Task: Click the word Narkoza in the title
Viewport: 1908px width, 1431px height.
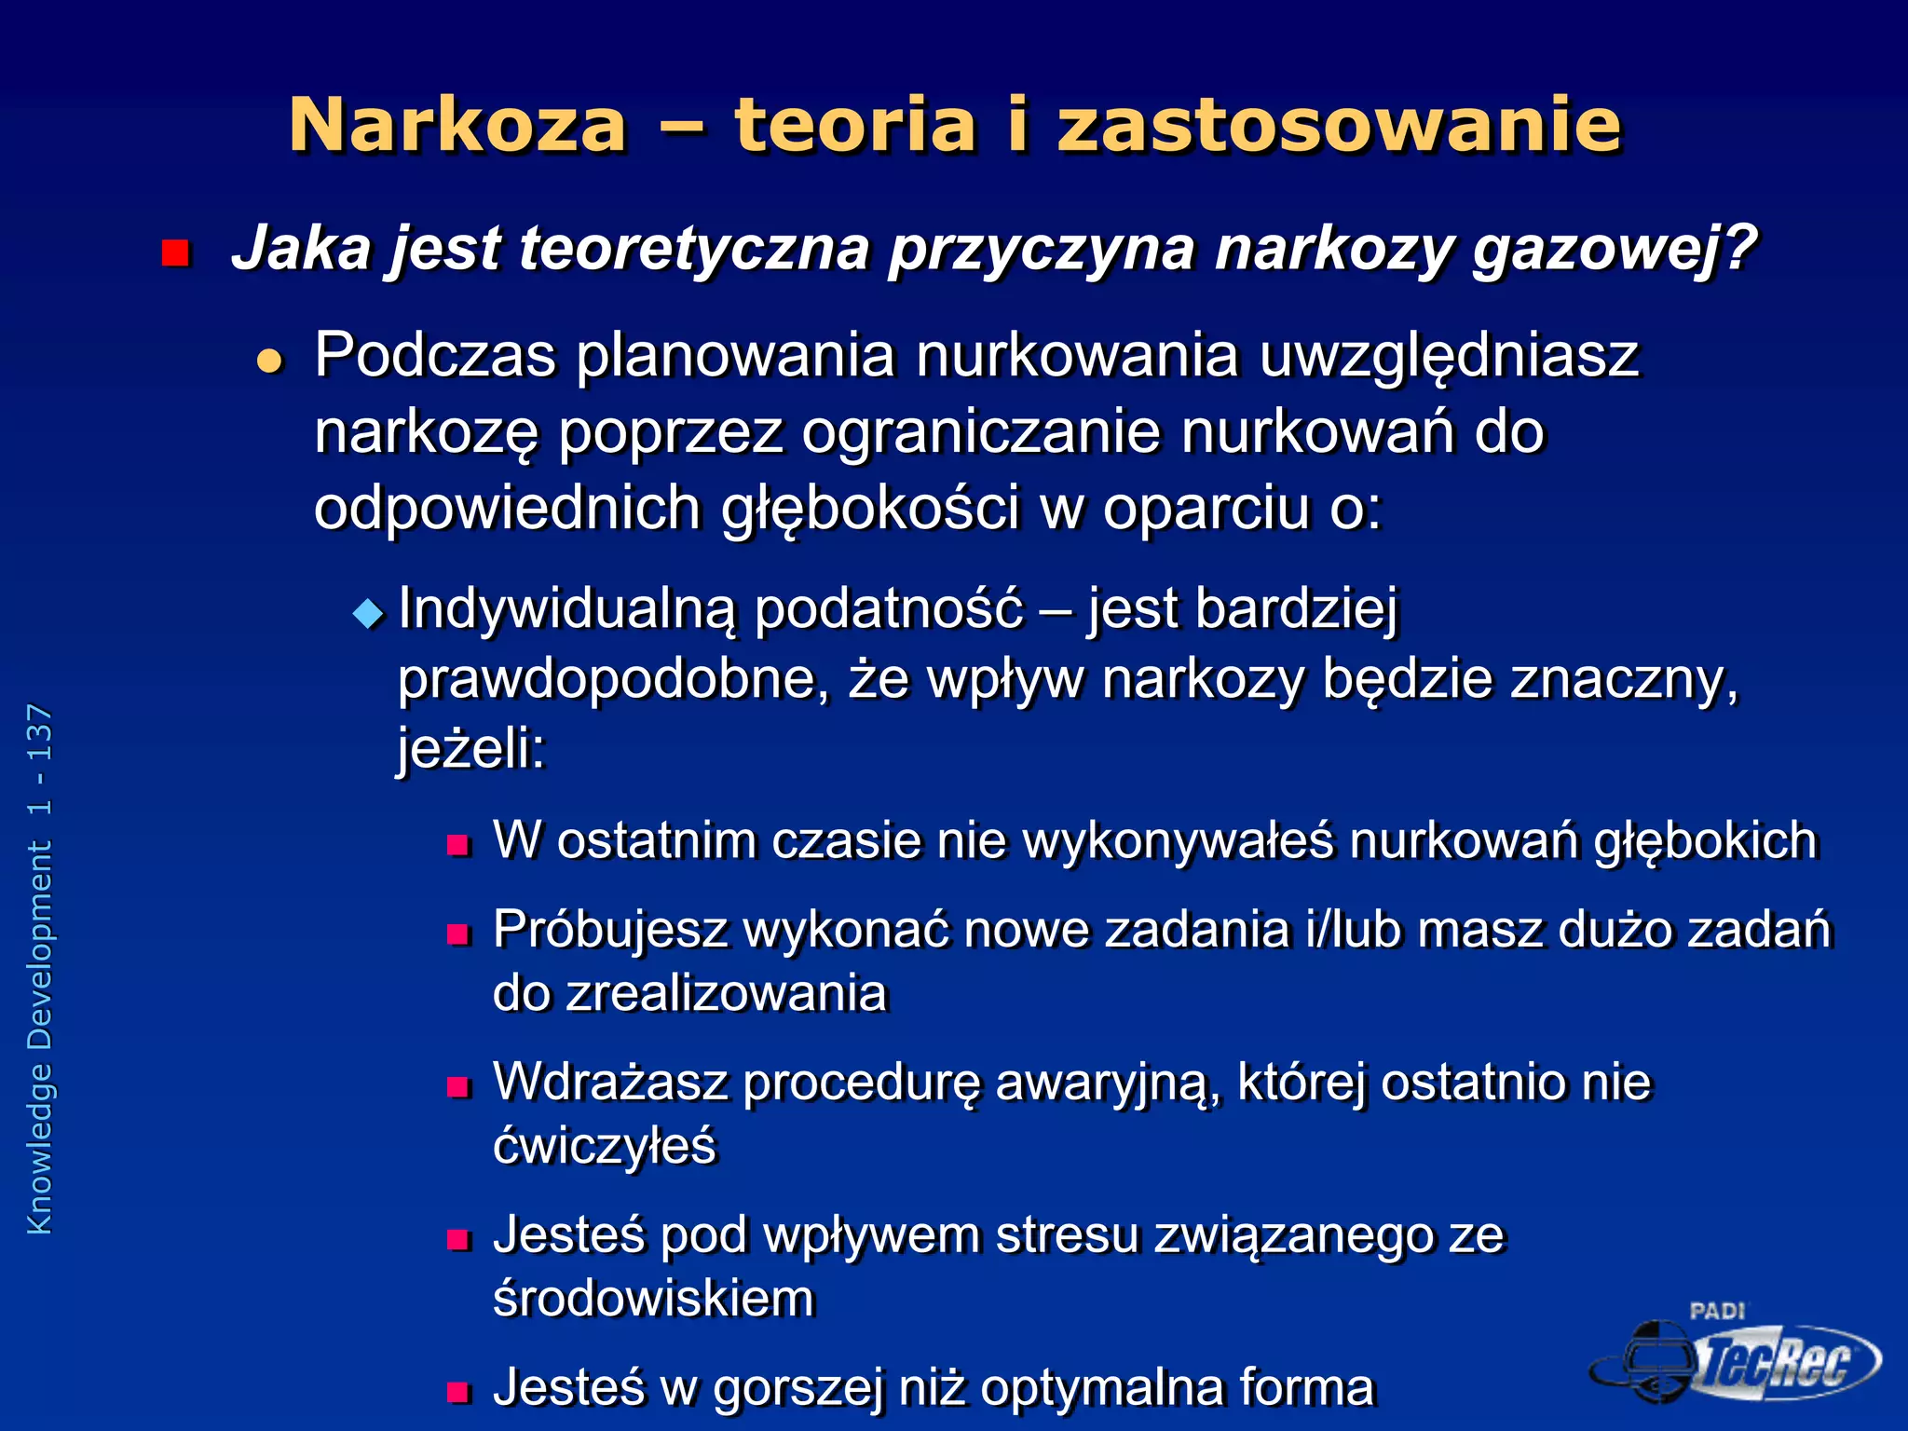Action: tap(457, 126)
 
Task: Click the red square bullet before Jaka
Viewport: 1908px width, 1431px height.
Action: tap(175, 252)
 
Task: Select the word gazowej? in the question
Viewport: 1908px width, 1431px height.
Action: tap(1614, 250)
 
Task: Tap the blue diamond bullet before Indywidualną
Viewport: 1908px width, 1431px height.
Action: tap(369, 613)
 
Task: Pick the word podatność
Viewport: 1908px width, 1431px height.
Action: tap(888, 610)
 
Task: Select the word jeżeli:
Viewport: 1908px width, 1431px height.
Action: tap(471, 748)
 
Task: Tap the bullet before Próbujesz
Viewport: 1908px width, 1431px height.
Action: tap(458, 934)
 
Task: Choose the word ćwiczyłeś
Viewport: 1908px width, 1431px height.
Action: tap(605, 1146)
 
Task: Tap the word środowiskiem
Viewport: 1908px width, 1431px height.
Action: tap(653, 1299)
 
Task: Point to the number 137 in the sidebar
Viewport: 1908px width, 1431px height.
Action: tap(40, 735)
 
